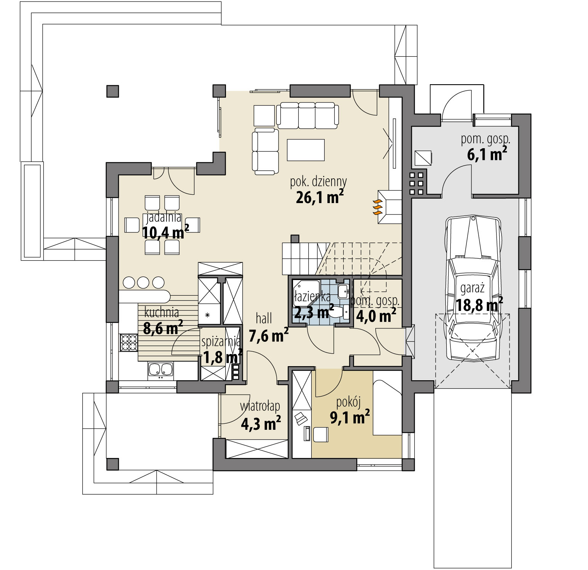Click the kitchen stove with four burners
click(x=128, y=342)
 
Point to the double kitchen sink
click(x=160, y=370)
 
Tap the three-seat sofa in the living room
click(x=307, y=114)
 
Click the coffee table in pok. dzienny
click(x=306, y=150)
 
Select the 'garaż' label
click(x=472, y=288)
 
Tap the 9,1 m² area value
click(x=349, y=418)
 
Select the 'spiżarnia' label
click(x=221, y=342)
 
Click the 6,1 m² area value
click(x=487, y=154)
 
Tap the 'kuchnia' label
click(x=162, y=313)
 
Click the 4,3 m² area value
click(x=261, y=423)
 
